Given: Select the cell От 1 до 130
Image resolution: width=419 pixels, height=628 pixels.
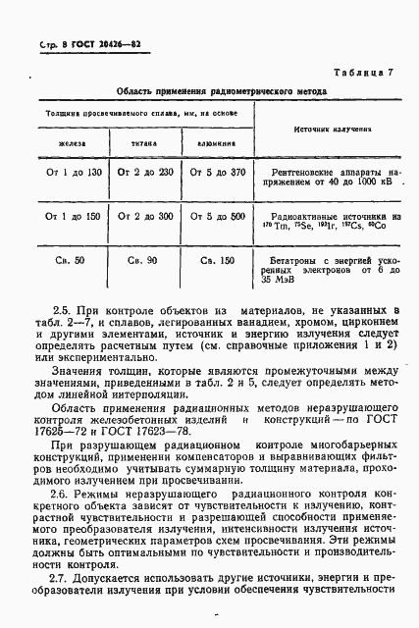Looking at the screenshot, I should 74,173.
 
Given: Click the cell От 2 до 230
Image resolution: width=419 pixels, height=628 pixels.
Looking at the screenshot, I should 145,173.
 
